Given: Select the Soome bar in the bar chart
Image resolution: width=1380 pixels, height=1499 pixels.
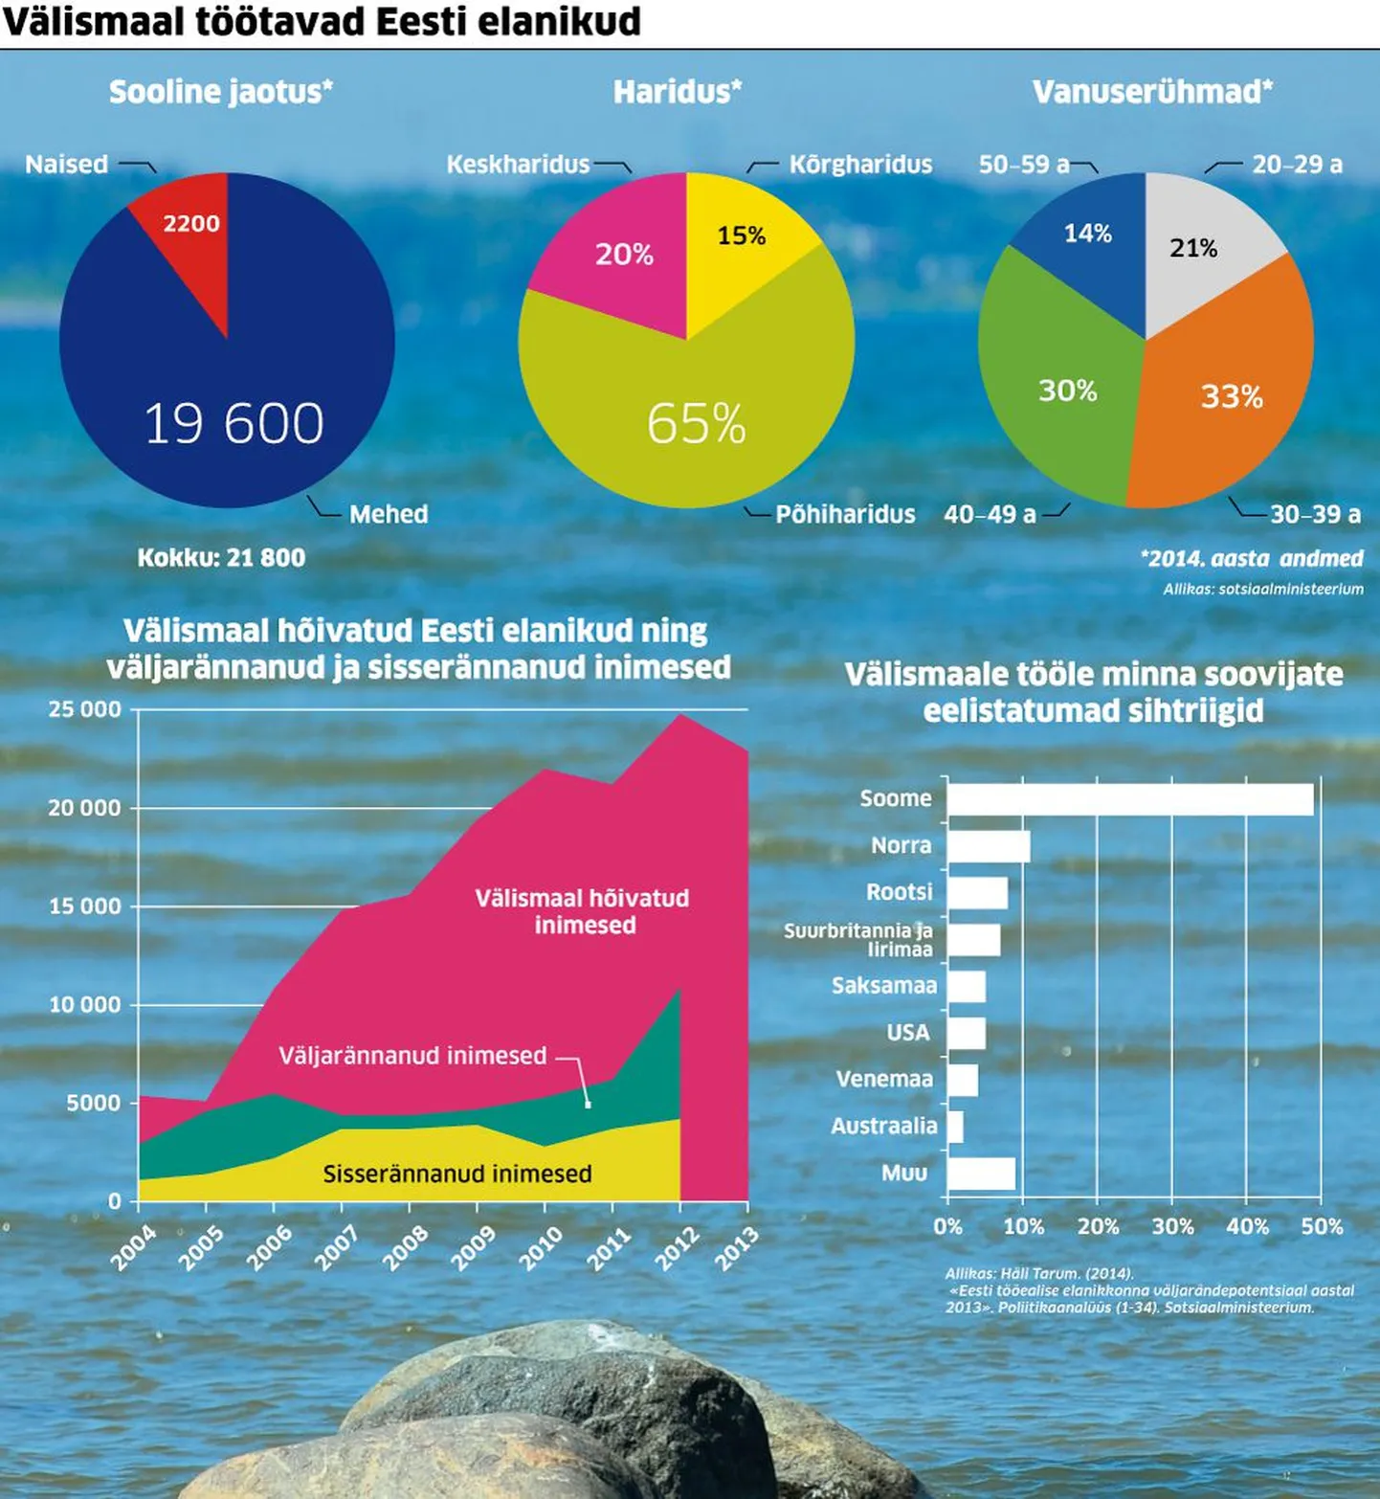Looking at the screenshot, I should point(1129,799).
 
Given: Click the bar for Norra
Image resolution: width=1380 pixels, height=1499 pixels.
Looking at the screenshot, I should point(989,846).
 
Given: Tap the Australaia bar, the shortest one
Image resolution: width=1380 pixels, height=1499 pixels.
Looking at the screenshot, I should point(955,1127).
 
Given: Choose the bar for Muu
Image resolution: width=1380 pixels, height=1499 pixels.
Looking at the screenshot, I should point(981,1174).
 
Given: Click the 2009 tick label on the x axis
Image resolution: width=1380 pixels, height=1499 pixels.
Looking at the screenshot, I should point(474,1248).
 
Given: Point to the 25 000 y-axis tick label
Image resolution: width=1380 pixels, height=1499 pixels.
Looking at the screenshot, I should point(85,709).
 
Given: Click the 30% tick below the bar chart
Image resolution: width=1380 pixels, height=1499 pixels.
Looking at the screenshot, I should point(1172,1226).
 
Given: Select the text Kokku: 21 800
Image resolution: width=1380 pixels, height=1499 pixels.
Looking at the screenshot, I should point(221,558).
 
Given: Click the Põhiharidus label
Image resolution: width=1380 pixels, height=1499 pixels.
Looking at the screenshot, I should point(845,515).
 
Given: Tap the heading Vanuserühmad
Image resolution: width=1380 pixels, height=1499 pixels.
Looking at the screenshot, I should point(1152,92).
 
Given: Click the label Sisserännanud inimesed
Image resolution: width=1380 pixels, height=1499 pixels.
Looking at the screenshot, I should point(457,1174).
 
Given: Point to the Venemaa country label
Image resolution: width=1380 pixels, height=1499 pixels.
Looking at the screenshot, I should point(884,1080).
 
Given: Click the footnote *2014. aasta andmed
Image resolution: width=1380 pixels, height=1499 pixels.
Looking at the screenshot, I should point(1252,559).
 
